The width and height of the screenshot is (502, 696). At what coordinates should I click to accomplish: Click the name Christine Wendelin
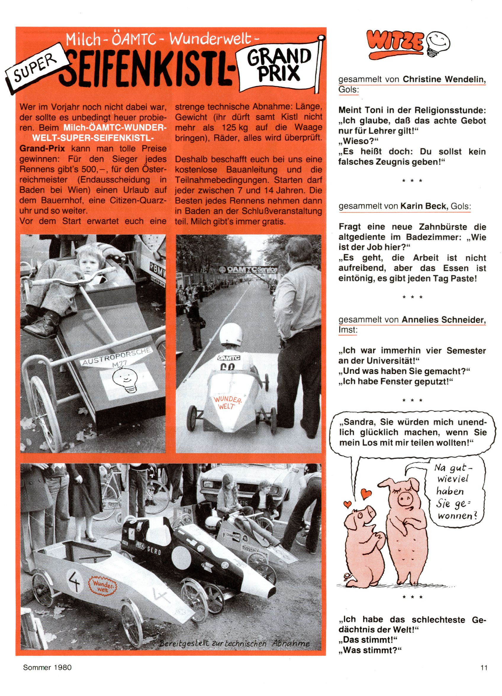tap(444, 79)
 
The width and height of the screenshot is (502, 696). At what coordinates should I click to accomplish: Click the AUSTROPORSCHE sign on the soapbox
tap(117, 356)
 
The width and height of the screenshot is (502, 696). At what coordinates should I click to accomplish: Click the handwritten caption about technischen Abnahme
tap(234, 644)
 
